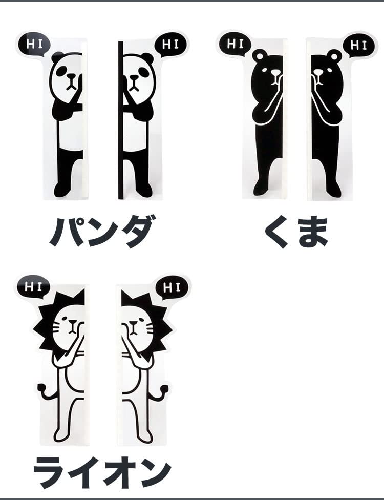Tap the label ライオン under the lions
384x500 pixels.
point(102,472)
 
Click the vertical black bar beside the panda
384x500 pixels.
point(120,120)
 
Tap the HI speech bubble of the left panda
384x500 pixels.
point(34,45)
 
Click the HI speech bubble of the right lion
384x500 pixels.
point(172,288)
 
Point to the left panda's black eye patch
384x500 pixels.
point(61,71)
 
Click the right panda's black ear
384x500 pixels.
point(148,58)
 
